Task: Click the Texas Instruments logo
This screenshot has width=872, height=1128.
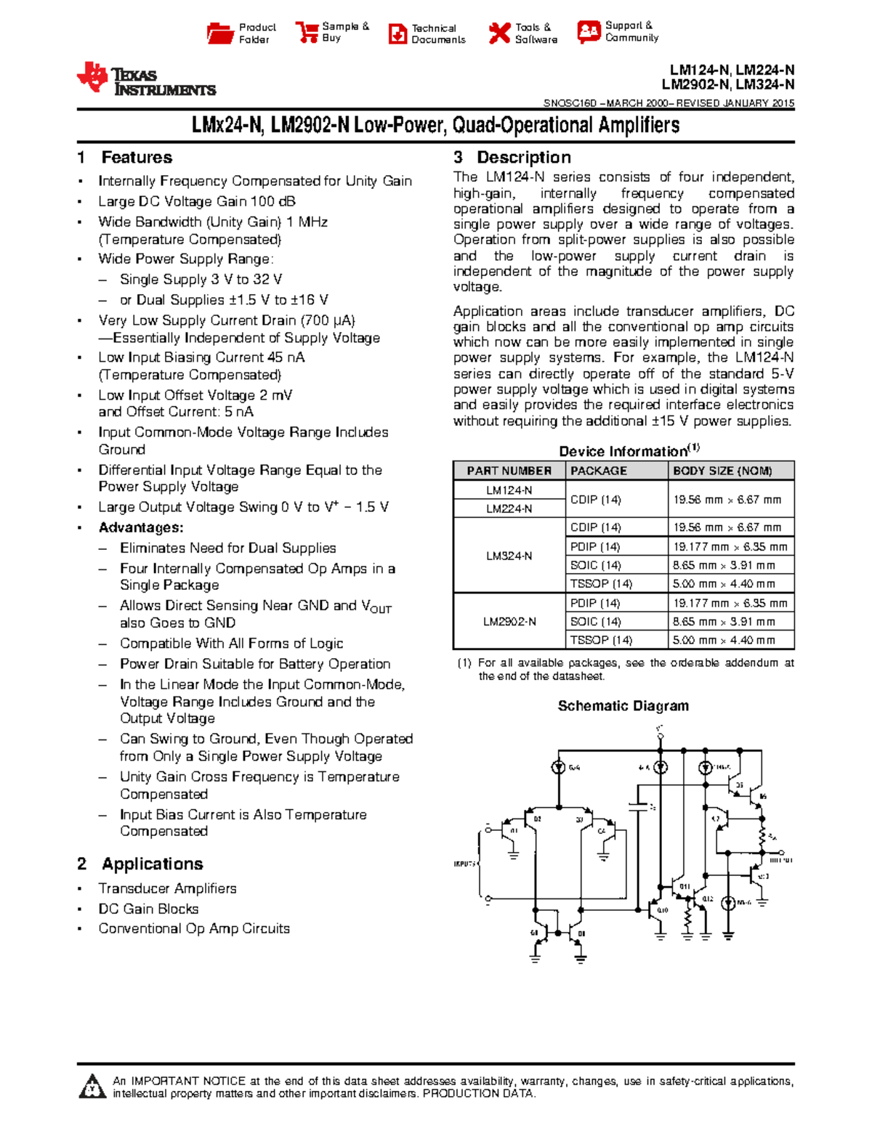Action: [145, 79]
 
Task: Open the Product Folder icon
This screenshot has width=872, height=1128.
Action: [219, 33]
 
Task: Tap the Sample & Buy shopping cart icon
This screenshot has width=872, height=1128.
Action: [307, 33]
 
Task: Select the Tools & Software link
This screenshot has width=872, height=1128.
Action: [536, 33]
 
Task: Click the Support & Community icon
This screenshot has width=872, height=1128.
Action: [589, 31]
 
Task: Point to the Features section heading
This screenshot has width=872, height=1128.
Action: [136, 158]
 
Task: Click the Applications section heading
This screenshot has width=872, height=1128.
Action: [152, 864]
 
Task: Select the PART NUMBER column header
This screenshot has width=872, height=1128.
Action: [509, 471]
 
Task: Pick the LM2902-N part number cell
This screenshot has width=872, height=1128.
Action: [509, 622]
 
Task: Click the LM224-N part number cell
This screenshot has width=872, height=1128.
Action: [509, 508]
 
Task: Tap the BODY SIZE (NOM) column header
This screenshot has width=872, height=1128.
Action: [722, 471]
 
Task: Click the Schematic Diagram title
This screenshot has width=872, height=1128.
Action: [623, 706]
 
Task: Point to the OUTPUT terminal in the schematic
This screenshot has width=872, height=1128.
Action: [780, 859]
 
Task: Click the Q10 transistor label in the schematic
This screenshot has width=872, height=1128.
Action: [662, 910]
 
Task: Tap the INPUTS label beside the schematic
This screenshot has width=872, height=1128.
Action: [464, 864]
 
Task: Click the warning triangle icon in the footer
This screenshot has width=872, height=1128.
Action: [92, 1087]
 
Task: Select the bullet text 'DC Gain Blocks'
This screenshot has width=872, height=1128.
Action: [148, 909]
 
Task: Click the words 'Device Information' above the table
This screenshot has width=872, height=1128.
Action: [623, 451]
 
